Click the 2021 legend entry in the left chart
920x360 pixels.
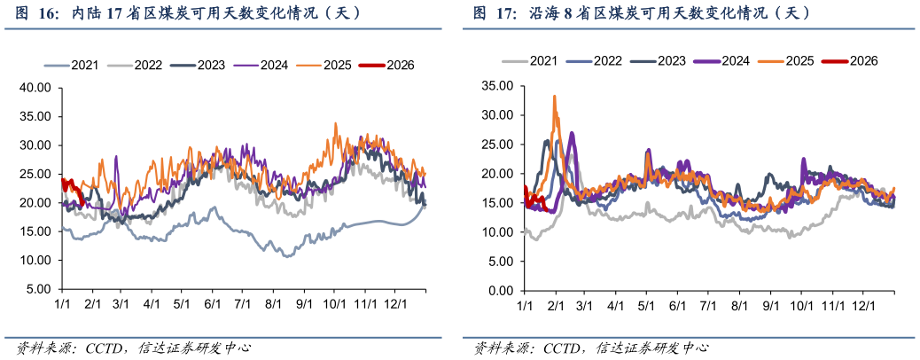84,65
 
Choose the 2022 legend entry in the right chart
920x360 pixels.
607,60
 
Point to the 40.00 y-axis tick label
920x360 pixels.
36,88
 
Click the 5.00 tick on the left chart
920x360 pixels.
39,289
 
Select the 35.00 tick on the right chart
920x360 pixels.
495,86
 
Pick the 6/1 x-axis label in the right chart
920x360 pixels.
679,305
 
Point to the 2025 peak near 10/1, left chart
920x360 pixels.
336,123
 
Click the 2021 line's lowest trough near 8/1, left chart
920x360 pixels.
286,256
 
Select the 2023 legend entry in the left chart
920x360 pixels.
210,65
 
